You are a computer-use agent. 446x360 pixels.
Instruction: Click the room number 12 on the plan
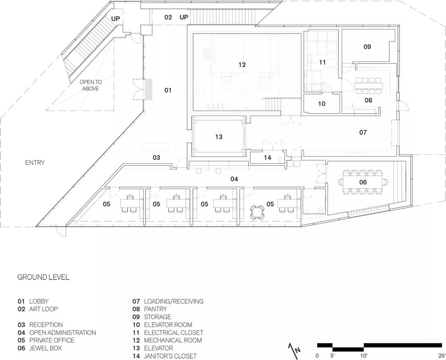[242, 65]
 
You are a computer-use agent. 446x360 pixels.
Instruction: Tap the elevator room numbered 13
[218, 137]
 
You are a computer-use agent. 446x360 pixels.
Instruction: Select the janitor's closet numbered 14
[267, 158]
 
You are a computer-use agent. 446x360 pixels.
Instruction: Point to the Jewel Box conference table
[363, 182]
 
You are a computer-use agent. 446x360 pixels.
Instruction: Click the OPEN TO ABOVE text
[90, 85]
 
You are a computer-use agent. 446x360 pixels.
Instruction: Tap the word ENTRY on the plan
[35, 163]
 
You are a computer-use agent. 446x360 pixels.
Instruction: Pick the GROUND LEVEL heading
[43, 277]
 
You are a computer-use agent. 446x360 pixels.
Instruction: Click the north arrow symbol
[294, 348]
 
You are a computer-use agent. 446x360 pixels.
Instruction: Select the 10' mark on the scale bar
[363, 355]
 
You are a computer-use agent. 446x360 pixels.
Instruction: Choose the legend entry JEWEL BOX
[45, 348]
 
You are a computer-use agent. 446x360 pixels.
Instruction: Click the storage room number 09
[367, 47]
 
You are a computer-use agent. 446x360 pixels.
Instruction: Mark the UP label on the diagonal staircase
[116, 19]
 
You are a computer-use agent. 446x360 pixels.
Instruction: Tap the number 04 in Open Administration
[234, 179]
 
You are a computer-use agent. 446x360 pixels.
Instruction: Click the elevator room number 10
[321, 104]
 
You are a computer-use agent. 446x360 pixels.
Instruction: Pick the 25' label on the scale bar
[441, 355]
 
